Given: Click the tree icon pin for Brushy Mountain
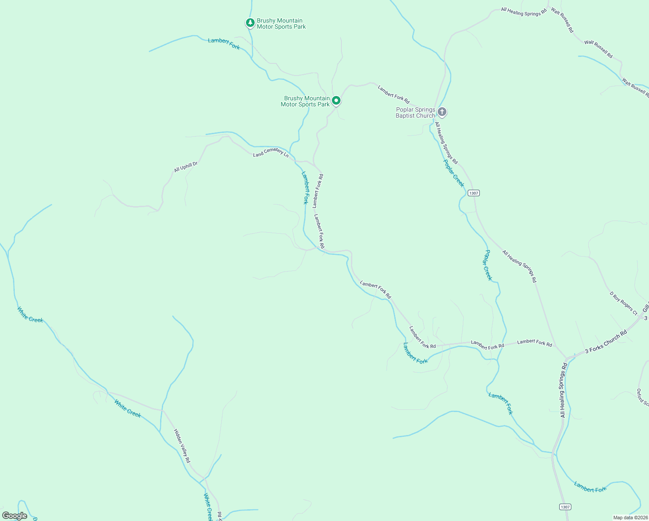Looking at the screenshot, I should point(250,23).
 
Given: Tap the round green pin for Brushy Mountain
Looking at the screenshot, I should point(336,101).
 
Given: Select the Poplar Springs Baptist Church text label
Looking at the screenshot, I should point(415,113).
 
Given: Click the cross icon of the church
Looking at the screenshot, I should point(442,112).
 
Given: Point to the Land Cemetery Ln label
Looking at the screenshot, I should point(271,152).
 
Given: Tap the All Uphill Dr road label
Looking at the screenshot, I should point(186,167).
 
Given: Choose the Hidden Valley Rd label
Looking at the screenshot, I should point(182,446).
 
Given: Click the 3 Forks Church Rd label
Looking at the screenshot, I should point(606,342).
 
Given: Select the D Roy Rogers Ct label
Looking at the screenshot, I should point(623,303).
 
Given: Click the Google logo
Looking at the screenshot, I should point(15,516).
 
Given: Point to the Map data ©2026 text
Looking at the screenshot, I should point(630,518).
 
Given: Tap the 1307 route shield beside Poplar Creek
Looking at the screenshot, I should point(474,193).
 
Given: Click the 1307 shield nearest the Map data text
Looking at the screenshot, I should point(564,507).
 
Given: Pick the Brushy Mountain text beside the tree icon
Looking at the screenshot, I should point(281,23).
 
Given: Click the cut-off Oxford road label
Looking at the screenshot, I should point(642,398).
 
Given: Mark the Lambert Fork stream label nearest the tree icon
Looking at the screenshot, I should point(224,43).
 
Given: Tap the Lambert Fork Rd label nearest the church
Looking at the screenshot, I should point(393,95).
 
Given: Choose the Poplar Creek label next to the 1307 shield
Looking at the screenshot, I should point(454,173).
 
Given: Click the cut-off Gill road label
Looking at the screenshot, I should point(645,306).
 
